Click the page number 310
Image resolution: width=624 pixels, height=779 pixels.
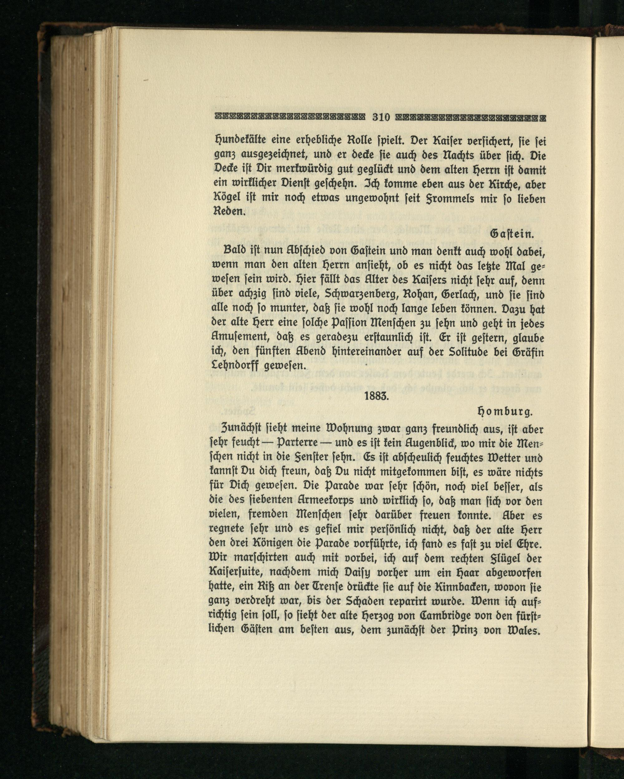click(381, 117)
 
